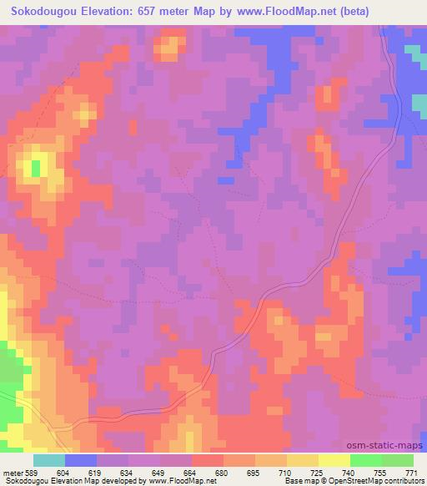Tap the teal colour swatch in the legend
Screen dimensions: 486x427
pyautogui.click(x=49, y=460)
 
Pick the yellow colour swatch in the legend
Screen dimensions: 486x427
pyautogui.click(x=334, y=460)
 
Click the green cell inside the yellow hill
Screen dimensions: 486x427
pyautogui.click(x=36, y=168)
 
